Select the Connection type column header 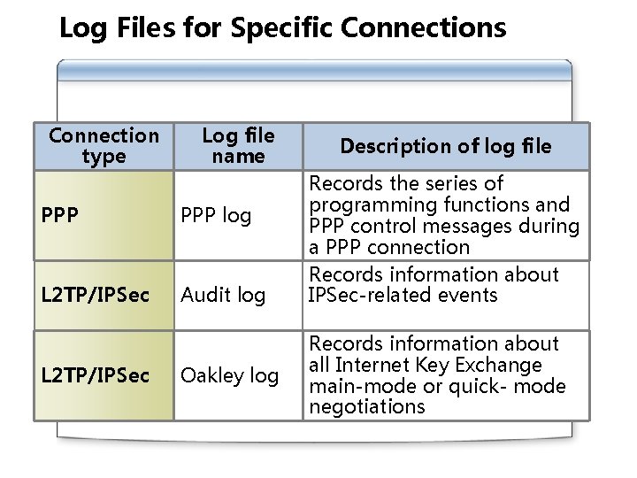104,146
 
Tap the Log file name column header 238,146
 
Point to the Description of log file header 445,146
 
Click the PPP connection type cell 60,215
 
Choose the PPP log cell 216,215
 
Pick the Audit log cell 223,296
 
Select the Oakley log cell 229,375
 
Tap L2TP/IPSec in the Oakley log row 96,375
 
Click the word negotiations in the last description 366,407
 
